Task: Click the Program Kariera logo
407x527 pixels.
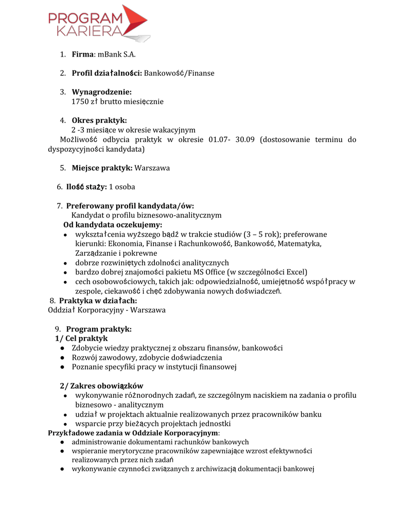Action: coord(98,24)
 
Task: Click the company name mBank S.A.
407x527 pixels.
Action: coord(116,55)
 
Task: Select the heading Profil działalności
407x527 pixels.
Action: coord(107,74)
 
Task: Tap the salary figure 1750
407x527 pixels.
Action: coord(80,101)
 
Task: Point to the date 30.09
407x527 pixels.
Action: coord(245,140)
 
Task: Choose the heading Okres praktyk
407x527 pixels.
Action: coord(99,120)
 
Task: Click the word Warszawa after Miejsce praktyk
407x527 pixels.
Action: coord(152,168)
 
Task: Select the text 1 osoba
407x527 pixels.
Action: coord(122,187)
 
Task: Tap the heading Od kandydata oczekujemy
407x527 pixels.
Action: coord(113,225)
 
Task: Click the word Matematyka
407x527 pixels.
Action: coord(299,243)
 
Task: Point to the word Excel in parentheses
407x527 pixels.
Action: coord(295,272)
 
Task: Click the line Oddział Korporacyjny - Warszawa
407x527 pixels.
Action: coord(107,310)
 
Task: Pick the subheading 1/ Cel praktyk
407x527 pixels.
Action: coord(81,338)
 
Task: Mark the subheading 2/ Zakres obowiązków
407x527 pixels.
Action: coord(101,385)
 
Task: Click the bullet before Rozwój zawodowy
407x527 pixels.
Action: coord(62,358)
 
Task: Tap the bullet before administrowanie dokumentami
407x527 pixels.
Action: coord(62,442)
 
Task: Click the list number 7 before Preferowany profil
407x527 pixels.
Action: coord(60,206)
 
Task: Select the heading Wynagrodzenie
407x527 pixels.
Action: coord(102,92)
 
